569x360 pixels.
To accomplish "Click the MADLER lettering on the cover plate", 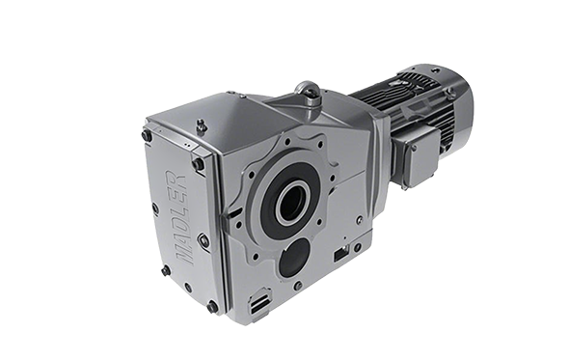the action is click(x=181, y=216).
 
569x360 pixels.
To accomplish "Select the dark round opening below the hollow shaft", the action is click(x=294, y=258).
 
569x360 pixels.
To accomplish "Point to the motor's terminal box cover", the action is click(x=422, y=158).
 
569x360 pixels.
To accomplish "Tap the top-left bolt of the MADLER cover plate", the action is click(x=147, y=136).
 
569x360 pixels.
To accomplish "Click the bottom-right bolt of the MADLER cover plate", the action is click(x=212, y=307).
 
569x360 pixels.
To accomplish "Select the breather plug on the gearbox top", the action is click(x=201, y=126).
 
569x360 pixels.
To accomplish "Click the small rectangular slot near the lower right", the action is click(x=340, y=253).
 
